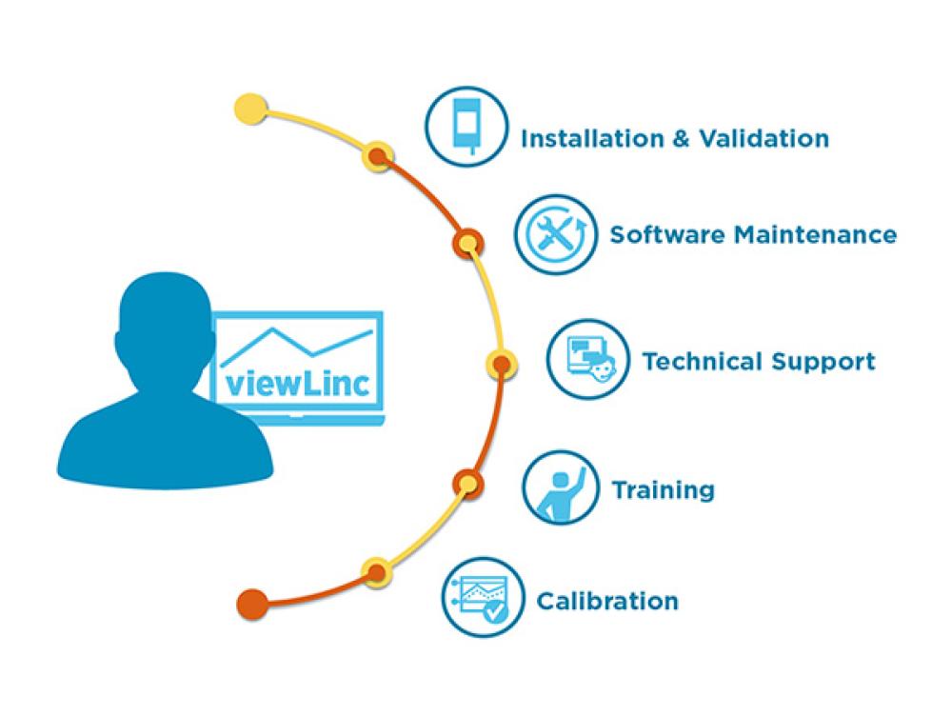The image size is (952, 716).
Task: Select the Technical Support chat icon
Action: [x=587, y=361]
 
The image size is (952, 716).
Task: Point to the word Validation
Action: [x=764, y=138]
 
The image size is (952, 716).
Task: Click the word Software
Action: [x=666, y=233]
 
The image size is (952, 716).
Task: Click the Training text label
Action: [x=663, y=490]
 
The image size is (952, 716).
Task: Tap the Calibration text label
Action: [x=607, y=601]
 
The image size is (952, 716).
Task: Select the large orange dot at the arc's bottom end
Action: [x=251, y=603]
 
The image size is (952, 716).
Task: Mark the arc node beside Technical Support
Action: [x=501, y=363]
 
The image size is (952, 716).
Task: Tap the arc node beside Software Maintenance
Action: [x=467, y=244]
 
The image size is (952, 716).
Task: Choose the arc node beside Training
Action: [x=466, y=483]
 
